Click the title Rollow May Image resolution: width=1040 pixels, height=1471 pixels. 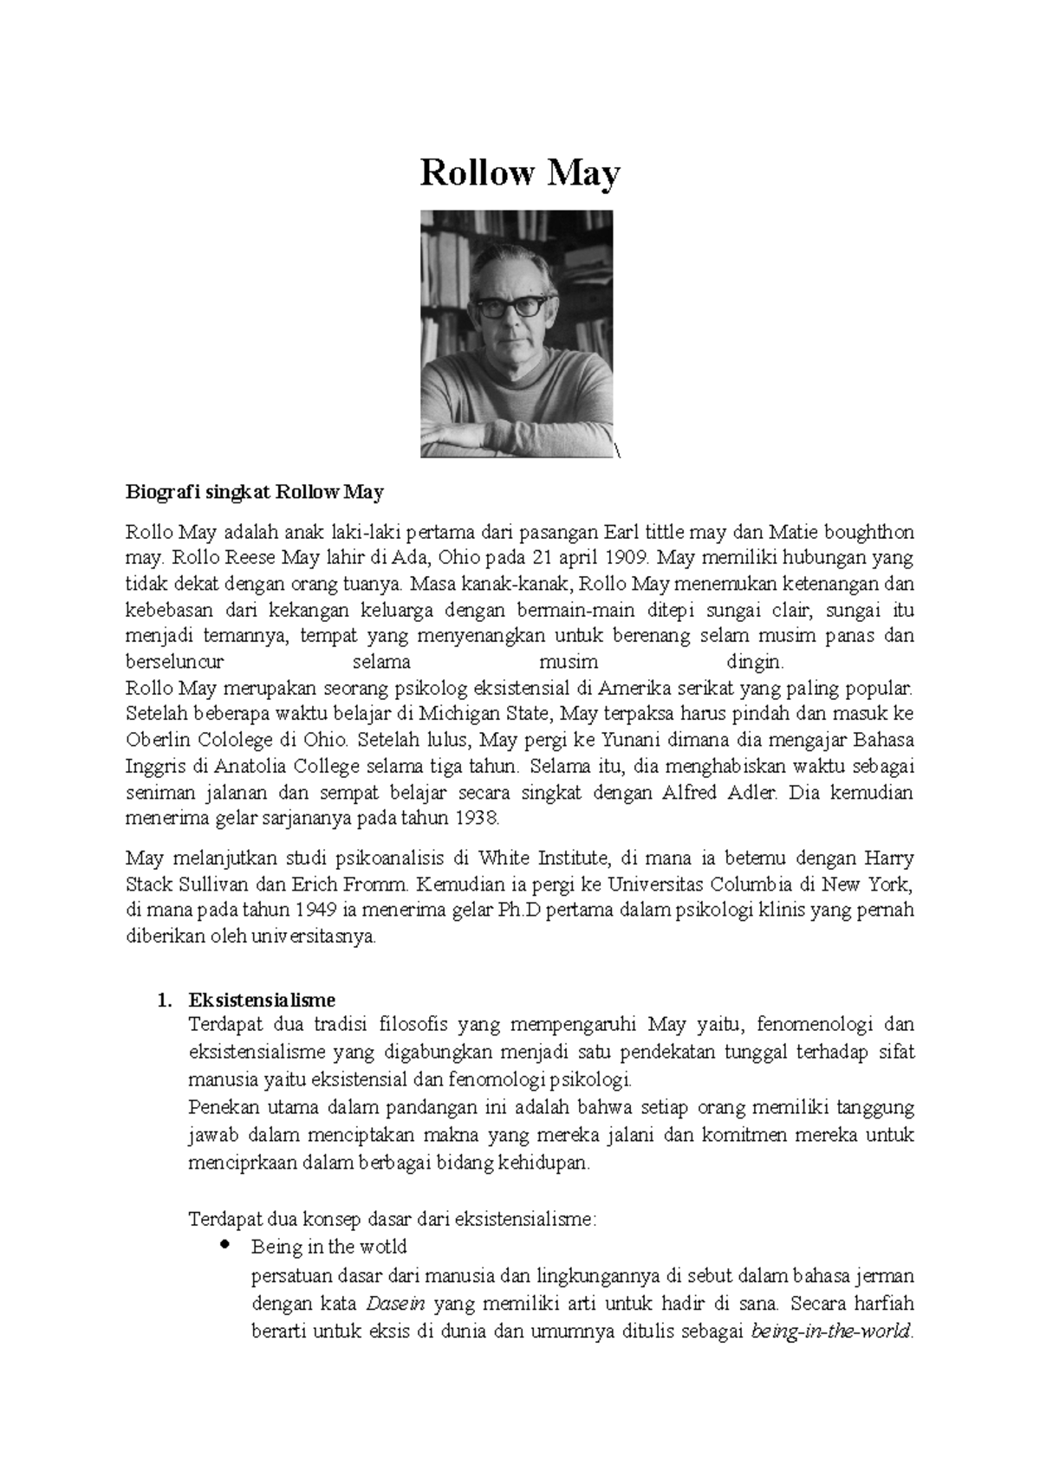point(520,173)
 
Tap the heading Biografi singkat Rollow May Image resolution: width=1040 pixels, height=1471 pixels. point(254,493)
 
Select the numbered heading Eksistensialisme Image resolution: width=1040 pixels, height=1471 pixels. point(262,1000)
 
